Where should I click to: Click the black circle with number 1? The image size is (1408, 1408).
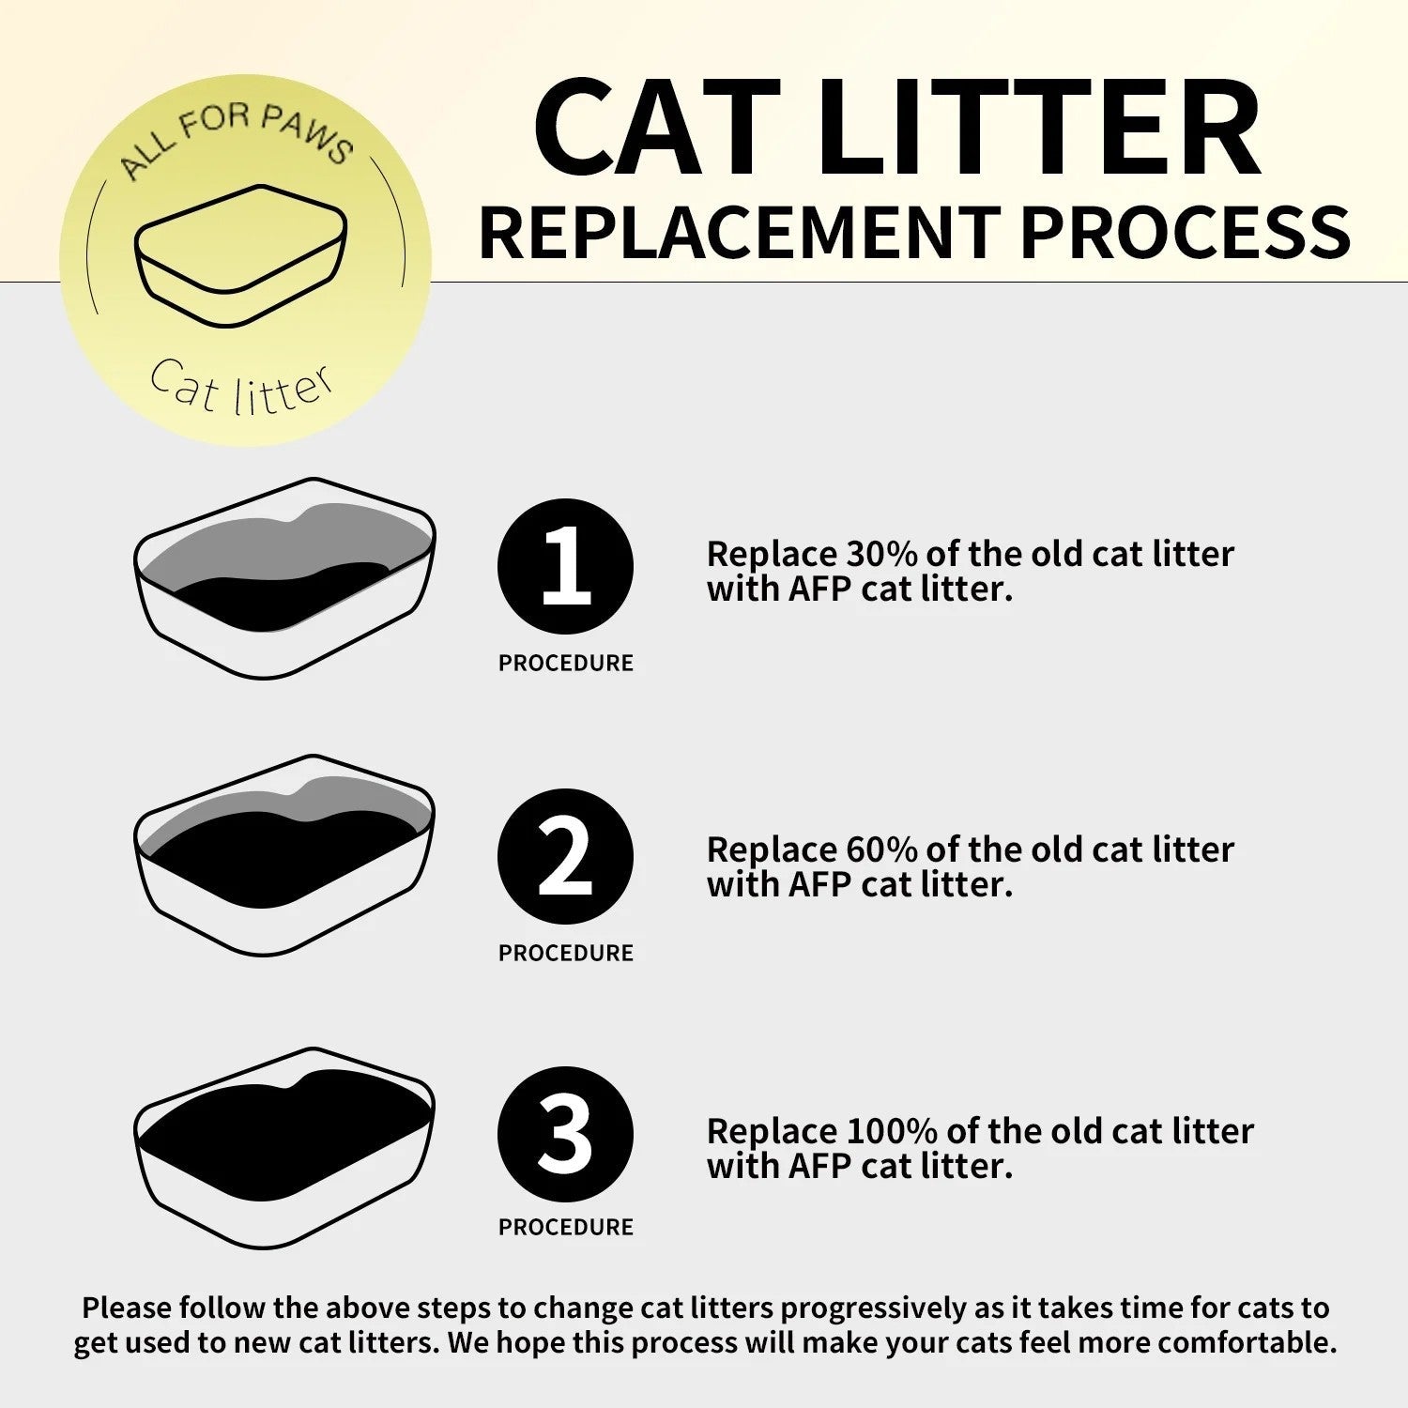(565, 567)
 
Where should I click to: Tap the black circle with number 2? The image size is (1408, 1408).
(565, 857)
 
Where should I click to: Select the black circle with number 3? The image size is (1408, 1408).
(565, 1134)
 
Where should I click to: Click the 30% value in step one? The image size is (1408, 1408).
(881, 554)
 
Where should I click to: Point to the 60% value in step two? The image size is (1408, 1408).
(881, 849)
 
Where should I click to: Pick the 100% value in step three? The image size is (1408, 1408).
(891, 1131)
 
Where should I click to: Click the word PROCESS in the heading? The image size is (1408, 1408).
(1185, 232)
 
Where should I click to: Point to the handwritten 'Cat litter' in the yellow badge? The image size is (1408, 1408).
(241, 387)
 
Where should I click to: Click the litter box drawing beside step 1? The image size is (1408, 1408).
(284, 578)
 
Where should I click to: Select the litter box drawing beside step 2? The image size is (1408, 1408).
(284, 855)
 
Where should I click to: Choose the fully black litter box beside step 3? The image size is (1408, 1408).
(284, 1147)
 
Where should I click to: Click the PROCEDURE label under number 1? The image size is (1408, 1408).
(565, 663)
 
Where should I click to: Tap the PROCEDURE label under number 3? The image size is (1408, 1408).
(565, 1227)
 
